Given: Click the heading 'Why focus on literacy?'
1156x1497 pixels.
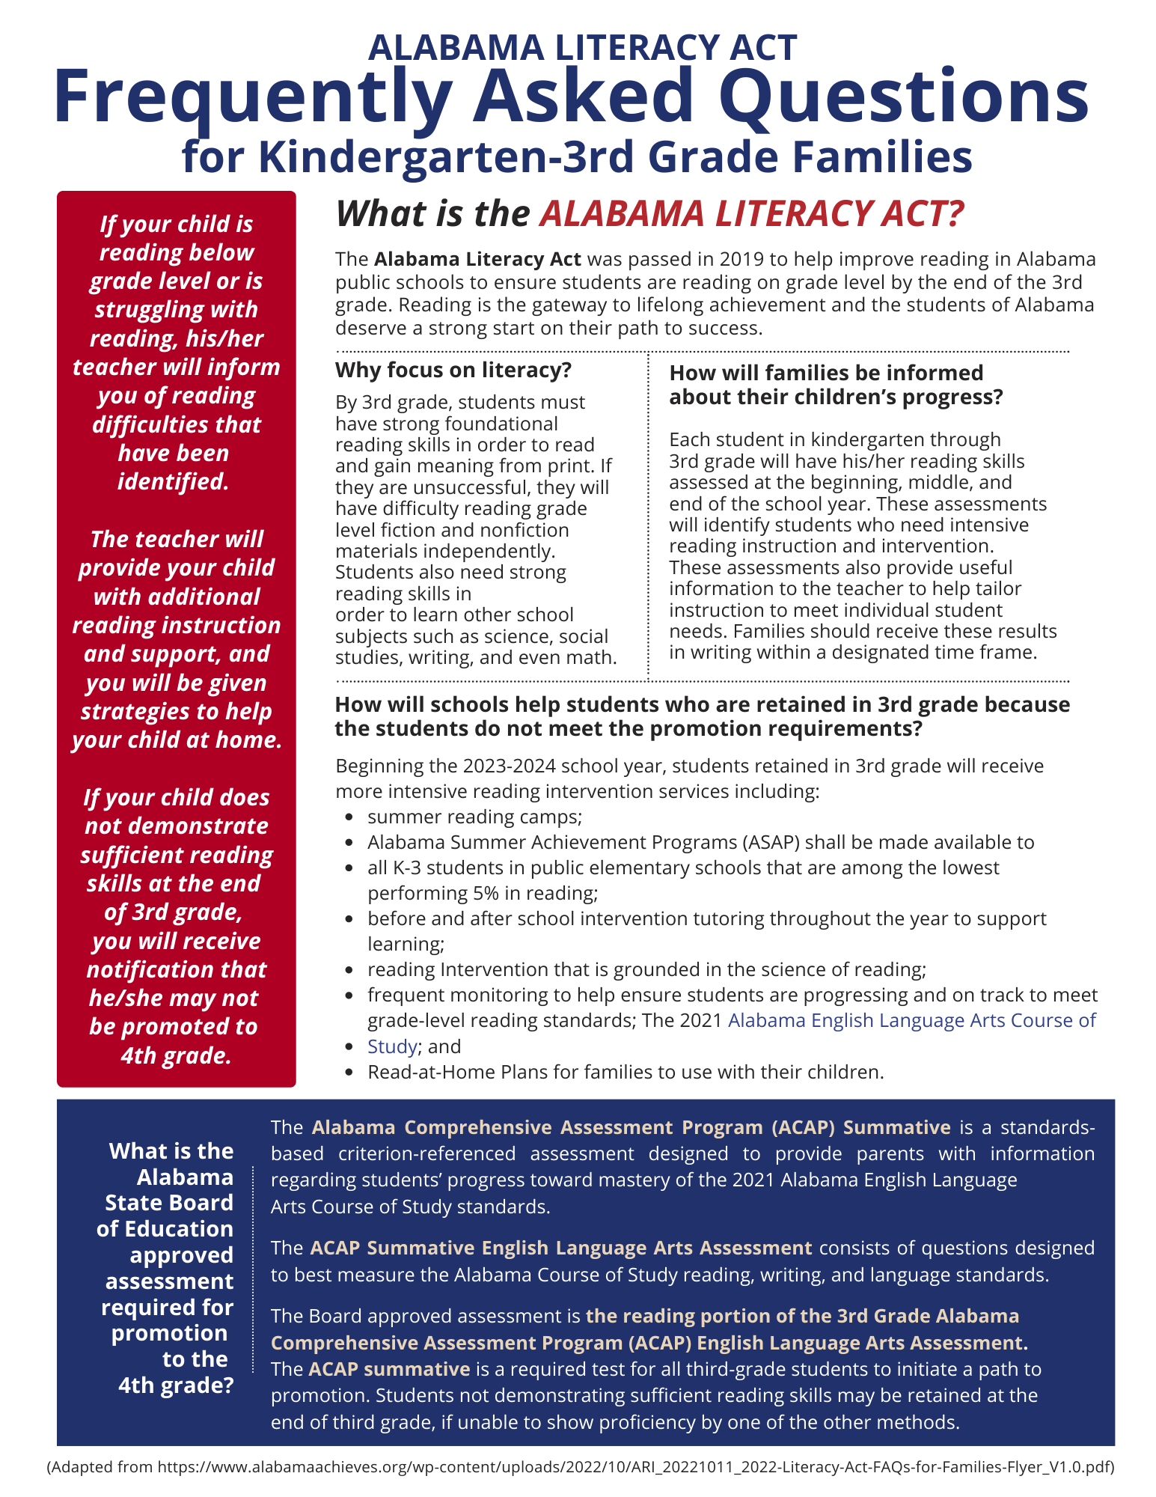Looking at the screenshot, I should coord(453,370).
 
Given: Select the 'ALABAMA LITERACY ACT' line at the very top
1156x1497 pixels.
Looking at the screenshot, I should coord(583,47).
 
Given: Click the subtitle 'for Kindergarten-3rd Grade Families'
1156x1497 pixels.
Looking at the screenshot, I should coord(577,157).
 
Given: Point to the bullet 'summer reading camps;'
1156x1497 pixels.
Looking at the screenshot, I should coord(474,817).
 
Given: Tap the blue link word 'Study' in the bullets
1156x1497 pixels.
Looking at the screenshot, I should coord(391,1046).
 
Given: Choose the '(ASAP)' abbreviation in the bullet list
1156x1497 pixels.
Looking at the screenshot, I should coord(771,842).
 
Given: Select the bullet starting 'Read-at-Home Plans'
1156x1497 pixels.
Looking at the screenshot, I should coord(626,1072).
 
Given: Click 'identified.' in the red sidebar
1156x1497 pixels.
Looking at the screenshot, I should coord(173,481).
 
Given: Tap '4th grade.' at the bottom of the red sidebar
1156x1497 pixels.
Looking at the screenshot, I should coord(176,1055).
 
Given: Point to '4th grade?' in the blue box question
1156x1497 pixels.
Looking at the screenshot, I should coord(176,1385).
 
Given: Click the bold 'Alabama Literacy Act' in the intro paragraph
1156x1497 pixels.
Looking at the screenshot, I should coord(477,259).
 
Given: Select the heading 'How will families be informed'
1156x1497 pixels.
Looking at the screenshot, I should coord(826,373).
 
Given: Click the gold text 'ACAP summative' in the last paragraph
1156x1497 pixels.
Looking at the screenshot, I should coord(389,1369).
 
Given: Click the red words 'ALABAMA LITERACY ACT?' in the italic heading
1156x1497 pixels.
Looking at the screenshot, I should coord(751,214).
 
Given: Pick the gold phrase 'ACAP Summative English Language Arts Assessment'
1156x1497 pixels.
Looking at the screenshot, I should coord(560,1248).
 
